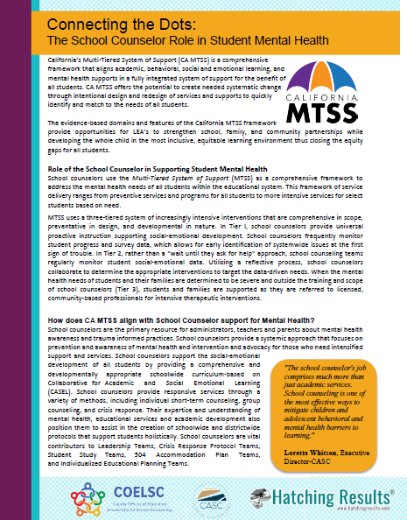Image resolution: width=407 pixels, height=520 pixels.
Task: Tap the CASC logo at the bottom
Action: click(209, 496)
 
